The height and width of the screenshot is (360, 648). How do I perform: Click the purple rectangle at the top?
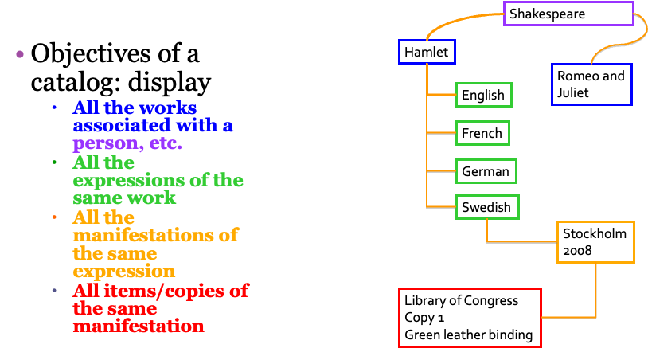pyautogui.click(x=568, y=14)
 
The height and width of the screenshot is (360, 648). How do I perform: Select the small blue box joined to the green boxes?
pyautogui.click(x=427, y=52)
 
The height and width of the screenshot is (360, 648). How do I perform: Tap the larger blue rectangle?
pyautogui.click(x=591, y=84)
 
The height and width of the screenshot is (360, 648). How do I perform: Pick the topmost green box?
pyautogui.click(x=483, y=95)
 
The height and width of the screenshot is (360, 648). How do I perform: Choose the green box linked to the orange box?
pyautogui.click(x=487, y=207)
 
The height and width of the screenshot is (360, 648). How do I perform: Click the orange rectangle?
pyautogui.click(x=595, y=242)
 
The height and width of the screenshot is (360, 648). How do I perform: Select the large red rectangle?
pyautogui.click(x=470, y=318)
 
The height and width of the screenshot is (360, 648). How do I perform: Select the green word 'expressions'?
pyautogui.click(x=132, y=180)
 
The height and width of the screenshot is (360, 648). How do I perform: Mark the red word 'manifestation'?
pyautogui.click(x=138, y=327)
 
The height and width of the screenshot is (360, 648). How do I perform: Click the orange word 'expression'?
pyautogui.click(x=123, y=272)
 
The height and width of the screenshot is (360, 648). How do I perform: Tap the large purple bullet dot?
pyautogui.click(x=20, y=54)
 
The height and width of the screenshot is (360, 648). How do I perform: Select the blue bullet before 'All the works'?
pyautogui.click(x=54, y=108)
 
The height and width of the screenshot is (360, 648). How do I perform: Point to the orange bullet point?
pyautogui.click(x=54, y=217)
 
